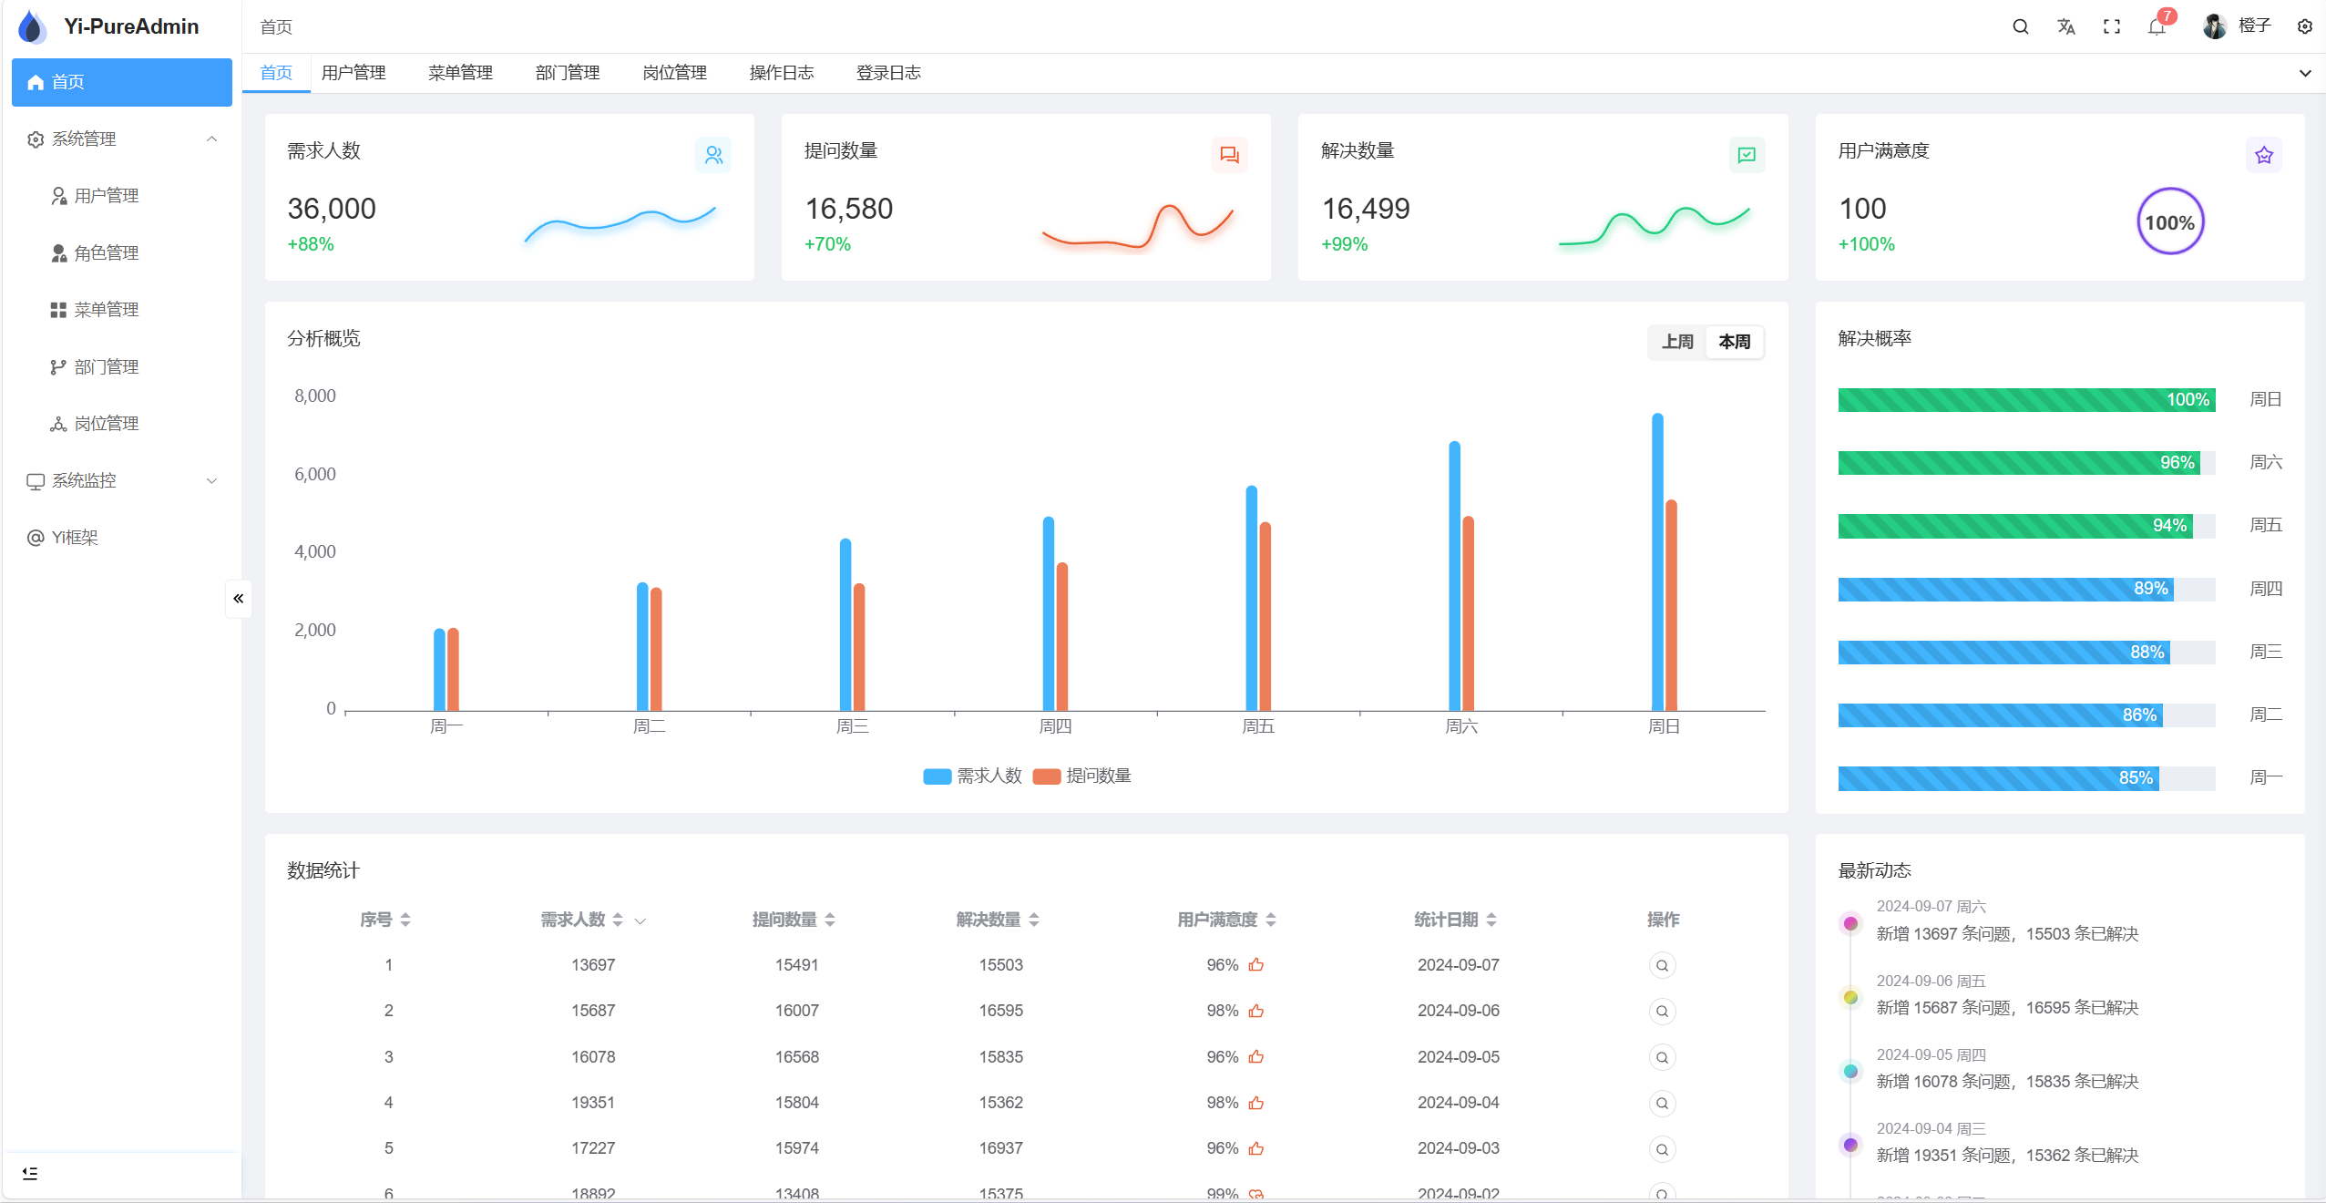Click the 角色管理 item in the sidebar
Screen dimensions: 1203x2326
click(x=106, y=252)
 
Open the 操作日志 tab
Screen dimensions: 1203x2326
click(x=781, y=73)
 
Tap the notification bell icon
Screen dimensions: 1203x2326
click(x=2156, y=27)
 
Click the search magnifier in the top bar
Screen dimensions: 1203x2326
click(x=2020, y=27)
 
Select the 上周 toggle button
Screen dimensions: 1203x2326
click(x=1676, y=342)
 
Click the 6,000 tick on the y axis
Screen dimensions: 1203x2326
click(x=314, y=474)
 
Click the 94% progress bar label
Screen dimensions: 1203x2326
click(x=2168, y=526)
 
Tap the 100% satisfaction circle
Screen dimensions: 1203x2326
click(x=2169, y=222)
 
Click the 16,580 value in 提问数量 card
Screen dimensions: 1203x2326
click(x=848, y=209)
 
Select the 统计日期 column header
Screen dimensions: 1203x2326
click(x=1446, y=920)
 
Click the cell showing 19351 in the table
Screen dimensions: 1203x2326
click(x=593, y=1103)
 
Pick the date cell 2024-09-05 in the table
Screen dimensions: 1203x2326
click(x=1458, y=1057)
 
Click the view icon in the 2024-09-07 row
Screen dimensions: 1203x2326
click(x=1662, y=965)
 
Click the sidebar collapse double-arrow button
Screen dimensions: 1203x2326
click(x=239, y=599)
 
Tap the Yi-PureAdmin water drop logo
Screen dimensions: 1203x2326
click(x=32, y=27)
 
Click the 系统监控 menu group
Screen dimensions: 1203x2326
click(x=84, y=480)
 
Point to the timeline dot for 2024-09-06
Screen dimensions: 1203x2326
click(x=1850, y=997)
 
